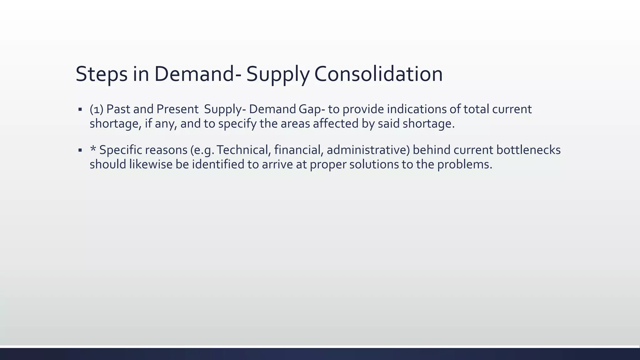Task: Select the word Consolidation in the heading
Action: pyautogui.click(x=378, y=74)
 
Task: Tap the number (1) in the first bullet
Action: pyautogui.click(x=97, y=109)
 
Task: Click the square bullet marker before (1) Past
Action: pyautogui.click(x=80, y=110)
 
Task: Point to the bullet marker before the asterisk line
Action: pyautogui.click(x=80, y=150)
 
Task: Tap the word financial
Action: pyautogui.click(x=299, y=150)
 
